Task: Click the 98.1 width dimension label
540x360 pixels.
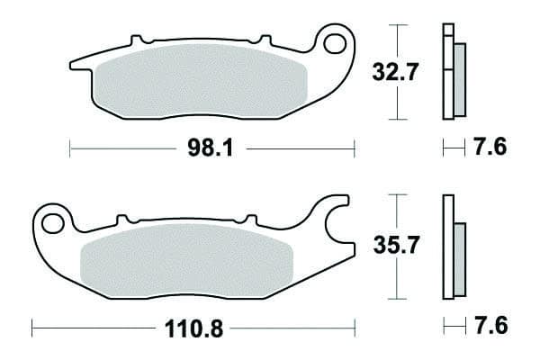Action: [x=211, y=148]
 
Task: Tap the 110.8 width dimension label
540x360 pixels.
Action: [x=193, y=328]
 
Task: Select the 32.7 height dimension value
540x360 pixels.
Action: [x=395, y=72]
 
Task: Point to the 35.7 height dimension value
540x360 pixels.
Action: [x=396, y=245]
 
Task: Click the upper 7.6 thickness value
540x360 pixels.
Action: [x=490, y=147]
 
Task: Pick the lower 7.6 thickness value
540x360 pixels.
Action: [x=491, y=326]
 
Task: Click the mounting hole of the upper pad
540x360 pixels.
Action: [x=335, y=44]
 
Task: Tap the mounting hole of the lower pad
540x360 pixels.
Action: [x=53, y=223]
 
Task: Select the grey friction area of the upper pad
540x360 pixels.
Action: [x=202, y=81]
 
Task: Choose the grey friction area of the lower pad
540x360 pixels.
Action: [x=186, y=261]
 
